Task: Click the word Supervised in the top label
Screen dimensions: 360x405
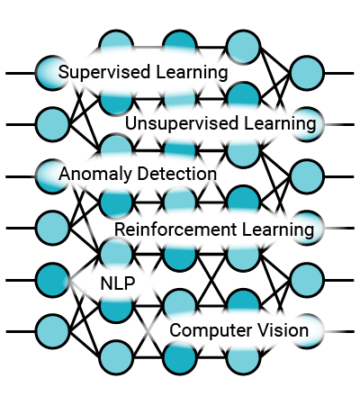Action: click(x=104, y=73)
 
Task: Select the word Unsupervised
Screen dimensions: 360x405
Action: click(x=182, y=123)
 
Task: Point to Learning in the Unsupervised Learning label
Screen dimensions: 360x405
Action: click(x=280, y=123)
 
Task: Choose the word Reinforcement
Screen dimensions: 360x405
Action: click(x=175, y=229)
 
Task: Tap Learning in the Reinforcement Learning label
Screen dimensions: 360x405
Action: click(x=278, y=229)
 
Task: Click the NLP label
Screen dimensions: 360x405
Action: click(x=118, y=283)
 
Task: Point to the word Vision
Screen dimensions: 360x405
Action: click(x=283, y=330)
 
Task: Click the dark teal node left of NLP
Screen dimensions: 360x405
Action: click(x=52, y=280)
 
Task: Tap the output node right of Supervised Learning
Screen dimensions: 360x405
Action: click(x=307, y=73)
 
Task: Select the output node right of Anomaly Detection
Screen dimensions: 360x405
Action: click(x=307, y=177)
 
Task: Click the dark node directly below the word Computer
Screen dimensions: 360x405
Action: click(x=180, y=357)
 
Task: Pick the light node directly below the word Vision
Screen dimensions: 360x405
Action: click(x=243, y=357)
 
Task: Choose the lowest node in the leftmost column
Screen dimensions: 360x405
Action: click(x=52, y=331)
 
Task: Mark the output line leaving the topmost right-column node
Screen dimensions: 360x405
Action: click(x=339, y=73)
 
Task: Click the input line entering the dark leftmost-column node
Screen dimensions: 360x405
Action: click(x=21, y=280)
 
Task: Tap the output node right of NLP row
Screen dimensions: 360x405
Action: click(x=307, y=280)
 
